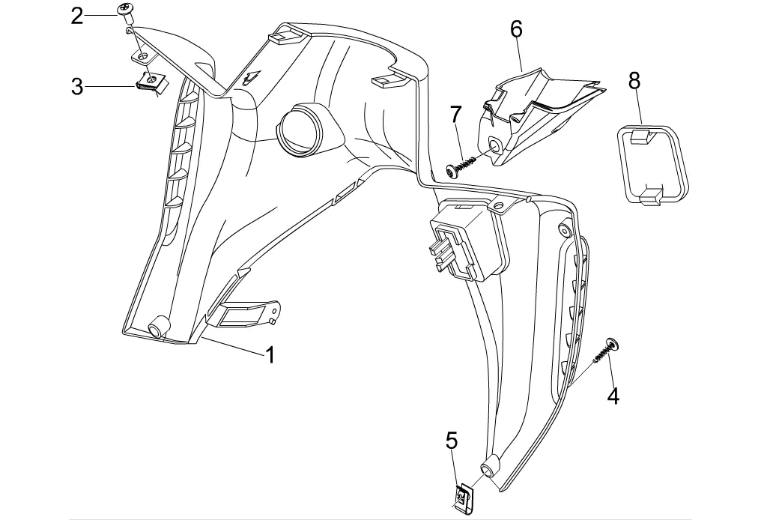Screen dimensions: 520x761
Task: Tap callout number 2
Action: click(x=77, y=16)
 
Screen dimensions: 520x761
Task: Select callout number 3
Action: click(x=77, y=87)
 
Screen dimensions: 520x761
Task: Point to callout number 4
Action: click(x=613, y=396)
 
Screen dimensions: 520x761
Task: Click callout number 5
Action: click(x=452, y=440)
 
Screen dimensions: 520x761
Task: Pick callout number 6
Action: click(x=516, y=30)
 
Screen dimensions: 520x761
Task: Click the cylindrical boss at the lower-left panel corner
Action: click(x=159, y=327)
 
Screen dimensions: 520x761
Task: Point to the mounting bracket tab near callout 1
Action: click(x=247, y=314)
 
